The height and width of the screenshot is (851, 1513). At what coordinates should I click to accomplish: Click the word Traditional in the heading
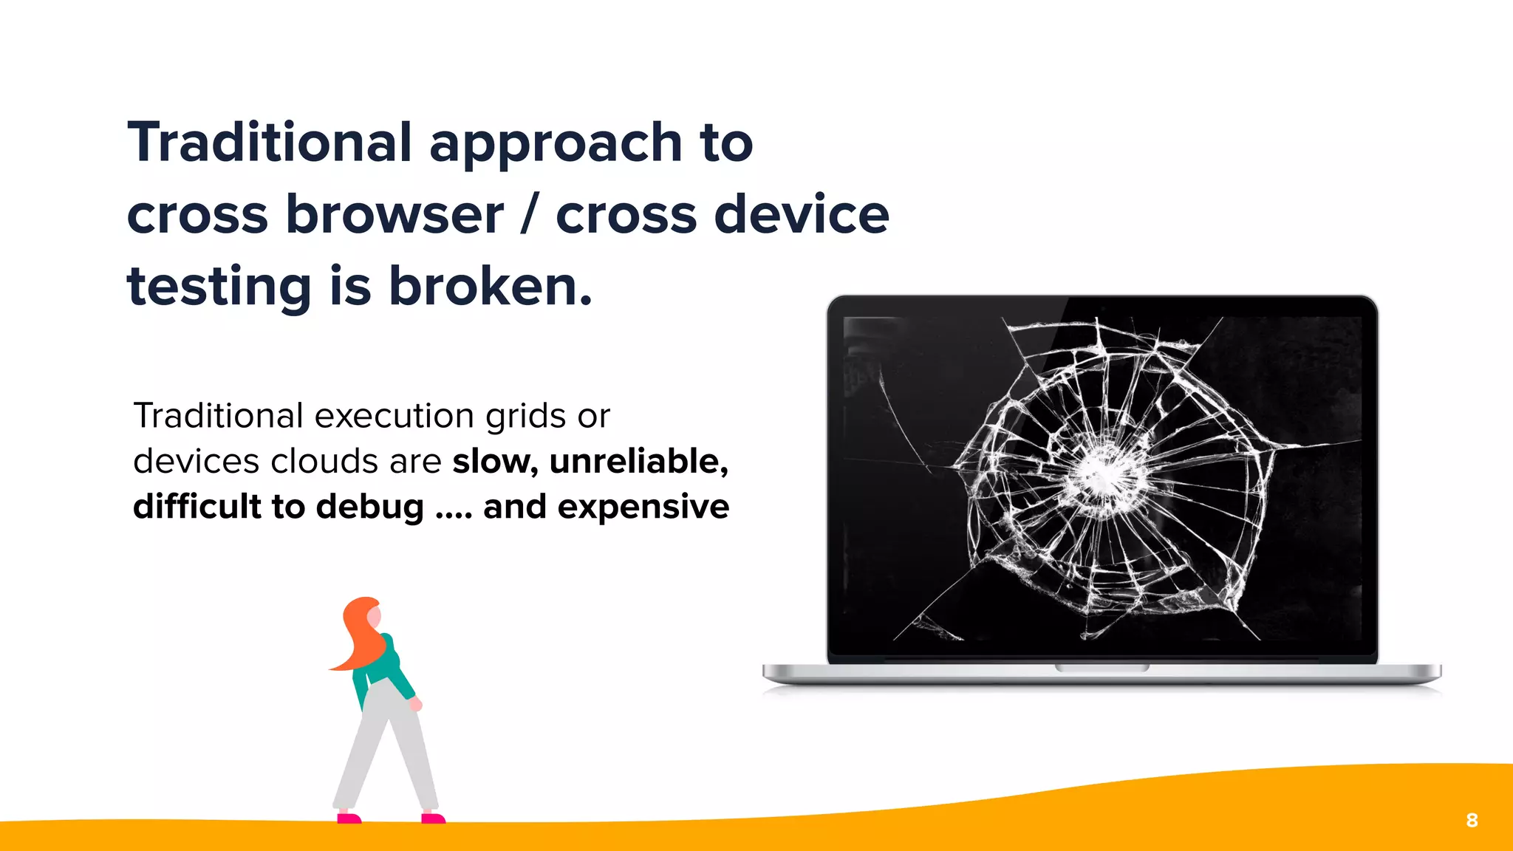pyautogui.click(x=270, y=143)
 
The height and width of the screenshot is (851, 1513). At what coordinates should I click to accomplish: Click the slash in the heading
pyautogui.click(x=527, y=214)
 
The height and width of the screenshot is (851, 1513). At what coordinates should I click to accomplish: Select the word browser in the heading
pyautogui.click(x=395, y=214)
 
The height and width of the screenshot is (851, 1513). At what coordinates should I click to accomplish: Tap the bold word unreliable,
pyautogui.click(x=639, y=462)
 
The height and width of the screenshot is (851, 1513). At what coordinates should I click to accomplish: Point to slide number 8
pyautogui.click(x=1472, y=820)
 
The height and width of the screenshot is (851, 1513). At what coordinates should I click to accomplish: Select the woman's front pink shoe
pyautogui.click(x=433, y=818)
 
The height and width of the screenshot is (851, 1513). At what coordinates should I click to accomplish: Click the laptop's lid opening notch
pyautogui.click(x=1102, y=668)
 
